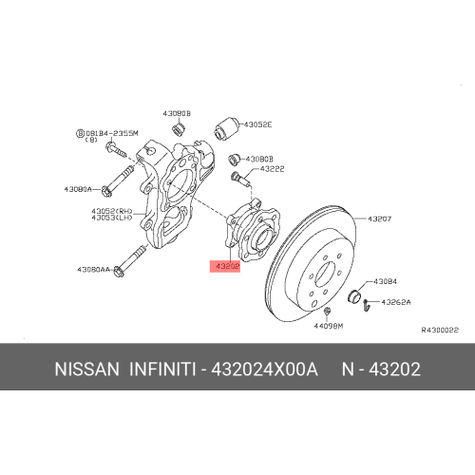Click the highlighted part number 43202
[x=227, y=267]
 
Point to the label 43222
[x=272, y=169]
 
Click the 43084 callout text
[x=385, y=281]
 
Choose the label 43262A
[x=395, y=303]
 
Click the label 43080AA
[x=92, y=270]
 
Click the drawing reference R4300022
[x=440, y=330]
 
